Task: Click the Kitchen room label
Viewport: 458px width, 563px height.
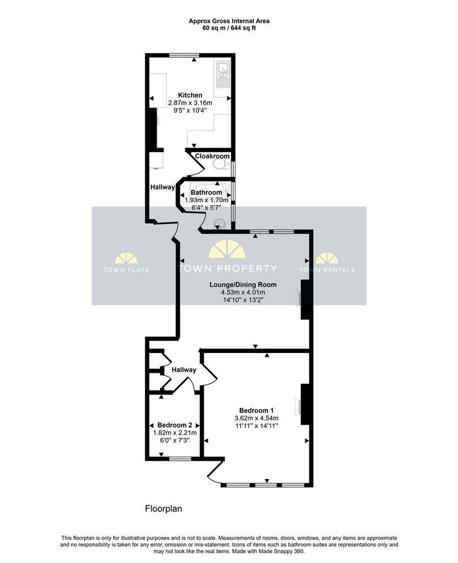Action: click(190, 95)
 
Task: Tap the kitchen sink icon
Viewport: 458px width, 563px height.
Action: click(223, 74)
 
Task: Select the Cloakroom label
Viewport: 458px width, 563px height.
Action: click(212, 156)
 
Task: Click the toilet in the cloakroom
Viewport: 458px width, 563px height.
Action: click(221, 164)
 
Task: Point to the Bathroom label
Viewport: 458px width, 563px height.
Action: click(206, 192)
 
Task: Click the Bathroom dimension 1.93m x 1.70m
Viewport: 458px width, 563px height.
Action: click(206, 200)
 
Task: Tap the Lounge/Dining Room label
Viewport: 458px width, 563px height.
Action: click(243, 285)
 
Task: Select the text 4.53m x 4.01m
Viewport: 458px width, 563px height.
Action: click(243, 292)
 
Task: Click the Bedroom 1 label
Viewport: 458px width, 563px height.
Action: click(256, 410)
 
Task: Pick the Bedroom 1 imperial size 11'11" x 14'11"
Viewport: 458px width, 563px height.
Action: click(256, 426)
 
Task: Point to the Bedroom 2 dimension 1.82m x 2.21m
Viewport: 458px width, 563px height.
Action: click(175, 433)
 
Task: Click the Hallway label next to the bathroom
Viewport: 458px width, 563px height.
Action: click(162, 187)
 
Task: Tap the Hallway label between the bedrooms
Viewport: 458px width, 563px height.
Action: click(184, 370)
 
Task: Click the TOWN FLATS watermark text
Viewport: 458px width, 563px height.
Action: click(126, 269)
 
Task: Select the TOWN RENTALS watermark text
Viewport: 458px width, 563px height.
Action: click(327, 269)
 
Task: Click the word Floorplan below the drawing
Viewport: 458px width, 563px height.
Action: click(163, 509)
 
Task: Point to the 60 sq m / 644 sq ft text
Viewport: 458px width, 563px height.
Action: click(229, 28)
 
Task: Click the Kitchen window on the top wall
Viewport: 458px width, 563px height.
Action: click(184, 55)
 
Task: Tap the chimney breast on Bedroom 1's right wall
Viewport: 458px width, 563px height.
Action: click(305, 404)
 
